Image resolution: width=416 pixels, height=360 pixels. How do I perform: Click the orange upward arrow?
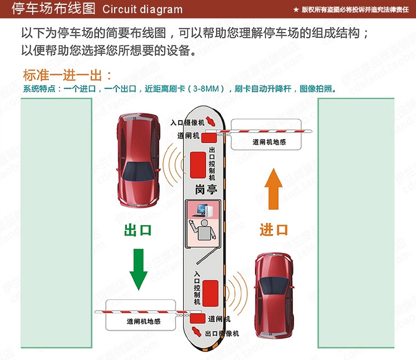[x=273, y=192]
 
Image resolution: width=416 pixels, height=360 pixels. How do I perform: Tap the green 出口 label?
[x=138, y=230]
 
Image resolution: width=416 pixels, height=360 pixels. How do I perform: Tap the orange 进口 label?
[x=274, y=229]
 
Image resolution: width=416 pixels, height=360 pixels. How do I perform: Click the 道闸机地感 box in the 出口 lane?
[x=143, y=321]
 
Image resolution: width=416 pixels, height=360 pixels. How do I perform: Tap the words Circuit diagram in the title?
[x=142, y=9]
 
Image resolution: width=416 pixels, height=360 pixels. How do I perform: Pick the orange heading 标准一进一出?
[x=68, y=75]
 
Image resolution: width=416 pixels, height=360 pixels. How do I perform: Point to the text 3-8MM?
[x=209, y=88]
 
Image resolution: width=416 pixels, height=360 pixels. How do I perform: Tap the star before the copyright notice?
[x=295, y=9]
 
